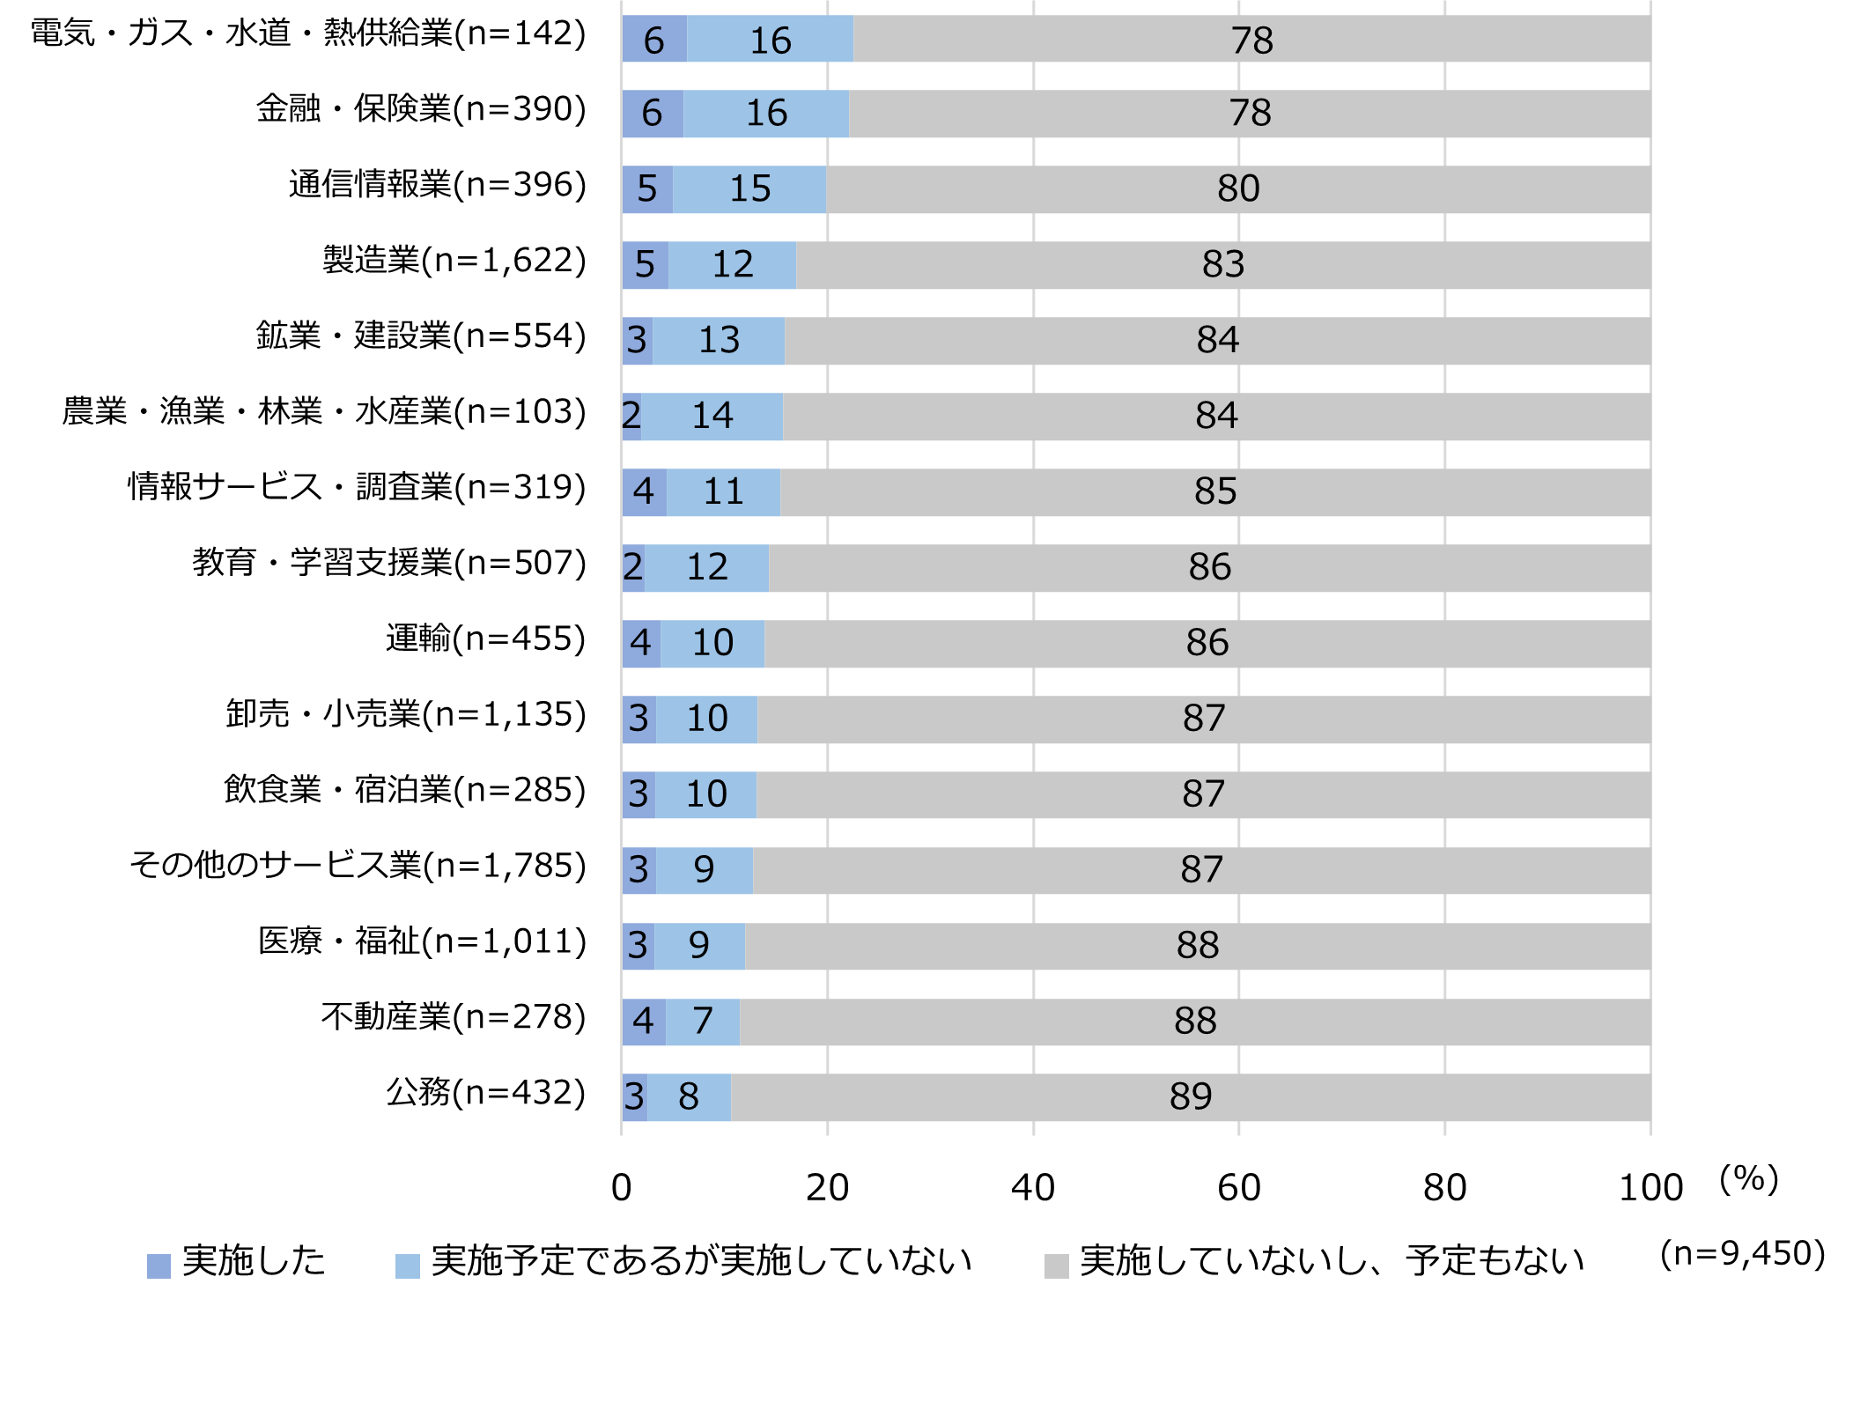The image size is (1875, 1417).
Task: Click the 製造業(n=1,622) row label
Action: [x=454, y=261]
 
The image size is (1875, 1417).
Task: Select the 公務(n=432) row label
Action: [x=485, y=1093]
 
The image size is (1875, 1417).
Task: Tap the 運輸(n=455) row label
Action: [x=485, y=639]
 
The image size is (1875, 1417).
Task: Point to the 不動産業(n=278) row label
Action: [x=454, y=1017]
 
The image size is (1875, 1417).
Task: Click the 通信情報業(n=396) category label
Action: [x=437, y=185]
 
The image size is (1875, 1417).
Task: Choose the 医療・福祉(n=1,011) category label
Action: [x=422, y=941]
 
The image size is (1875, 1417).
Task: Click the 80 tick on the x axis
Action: [x=1444, y=1188]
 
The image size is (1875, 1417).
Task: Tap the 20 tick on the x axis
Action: [x=827, y=1188]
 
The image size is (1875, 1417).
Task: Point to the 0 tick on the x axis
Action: [x=622, y=1188]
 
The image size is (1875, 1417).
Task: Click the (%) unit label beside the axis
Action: [x=1749, y=1179]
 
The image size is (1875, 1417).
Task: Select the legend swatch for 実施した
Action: [x=159, y=1266]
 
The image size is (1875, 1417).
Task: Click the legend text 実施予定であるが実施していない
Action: [x=701, y=1261]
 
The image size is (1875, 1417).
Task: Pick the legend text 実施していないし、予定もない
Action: [x=1332, y=1261]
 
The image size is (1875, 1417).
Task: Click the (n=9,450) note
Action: [x=1742, y=1253]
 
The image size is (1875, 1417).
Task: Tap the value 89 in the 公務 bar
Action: [x=1191, y=1097]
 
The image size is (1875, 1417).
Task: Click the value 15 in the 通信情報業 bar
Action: [x=749, y=189]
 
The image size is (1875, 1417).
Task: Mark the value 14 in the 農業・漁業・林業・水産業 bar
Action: [x=712, y=416]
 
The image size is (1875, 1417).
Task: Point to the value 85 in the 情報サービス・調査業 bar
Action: [x=1215, y=491]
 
